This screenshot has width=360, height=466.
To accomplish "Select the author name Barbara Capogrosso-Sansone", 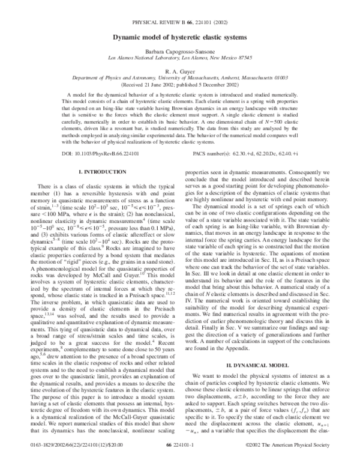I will click(180, 53).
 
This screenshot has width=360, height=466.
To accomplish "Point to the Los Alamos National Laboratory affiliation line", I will click(180, 61).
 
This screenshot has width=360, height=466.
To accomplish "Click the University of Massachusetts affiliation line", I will click(180, 78).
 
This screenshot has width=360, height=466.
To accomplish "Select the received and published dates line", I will click(180, 85).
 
